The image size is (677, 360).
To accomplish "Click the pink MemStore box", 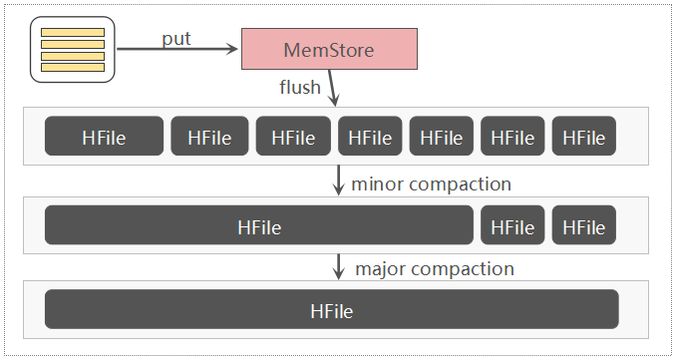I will click(x=328, y=49).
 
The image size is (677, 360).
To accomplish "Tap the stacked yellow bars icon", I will click(x=72, y=50).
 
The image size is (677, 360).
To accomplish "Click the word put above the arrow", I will click(x=176, y=38).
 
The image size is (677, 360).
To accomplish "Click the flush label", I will click(x=300, y=87).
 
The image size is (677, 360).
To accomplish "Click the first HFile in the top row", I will click(x=104, y=137).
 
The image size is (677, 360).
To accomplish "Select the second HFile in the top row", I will click(x=208, y=137).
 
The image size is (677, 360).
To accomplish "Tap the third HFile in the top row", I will click(x=293, y=137).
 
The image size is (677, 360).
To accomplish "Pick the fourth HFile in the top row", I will click(x=370, y=137).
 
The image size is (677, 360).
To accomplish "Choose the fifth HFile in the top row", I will click(x=442, y=137).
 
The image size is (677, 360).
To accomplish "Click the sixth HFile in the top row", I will click(x=512, y=137).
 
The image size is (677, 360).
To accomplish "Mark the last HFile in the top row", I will click(x=583, y=137).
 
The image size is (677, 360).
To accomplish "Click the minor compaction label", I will click(x=433, y=184).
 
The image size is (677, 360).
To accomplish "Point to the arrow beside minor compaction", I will click(x=338, y=180).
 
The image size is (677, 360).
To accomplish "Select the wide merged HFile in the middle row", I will click(x=258, y=226).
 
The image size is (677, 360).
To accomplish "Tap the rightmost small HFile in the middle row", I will click(x=583, y=226).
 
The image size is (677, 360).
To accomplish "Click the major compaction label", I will click(x=435, y=269).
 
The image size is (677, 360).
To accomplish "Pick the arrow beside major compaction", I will click(x=338, y=266).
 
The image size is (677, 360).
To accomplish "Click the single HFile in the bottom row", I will click(x=331, y=310).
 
